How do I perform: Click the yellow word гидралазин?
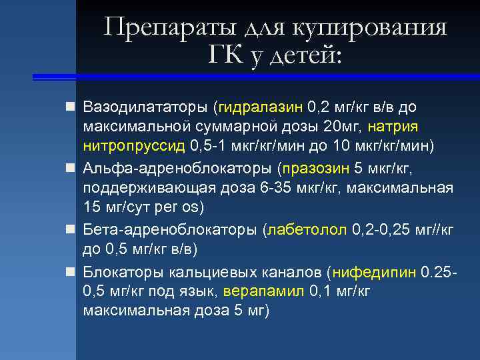[x=262, y=107]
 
